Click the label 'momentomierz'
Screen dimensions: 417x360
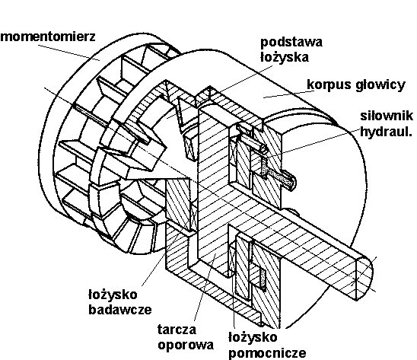click(48, 37)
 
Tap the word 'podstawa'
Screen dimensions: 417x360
click(291, 42)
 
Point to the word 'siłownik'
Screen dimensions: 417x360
click(387, 116)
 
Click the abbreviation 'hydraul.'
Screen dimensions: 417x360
click(386, 132)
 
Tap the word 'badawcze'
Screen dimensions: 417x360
click(120, 310)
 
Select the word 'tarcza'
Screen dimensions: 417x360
click(177, 330)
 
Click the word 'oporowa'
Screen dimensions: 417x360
click(186, 345)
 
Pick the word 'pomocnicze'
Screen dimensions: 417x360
click(267, 353)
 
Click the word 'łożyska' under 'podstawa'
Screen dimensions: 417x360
click(285, 58)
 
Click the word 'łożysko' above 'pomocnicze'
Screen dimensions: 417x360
click(253, 337)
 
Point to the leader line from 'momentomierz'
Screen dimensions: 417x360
click(68, 53)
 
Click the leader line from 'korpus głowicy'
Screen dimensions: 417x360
click(289, 94)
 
